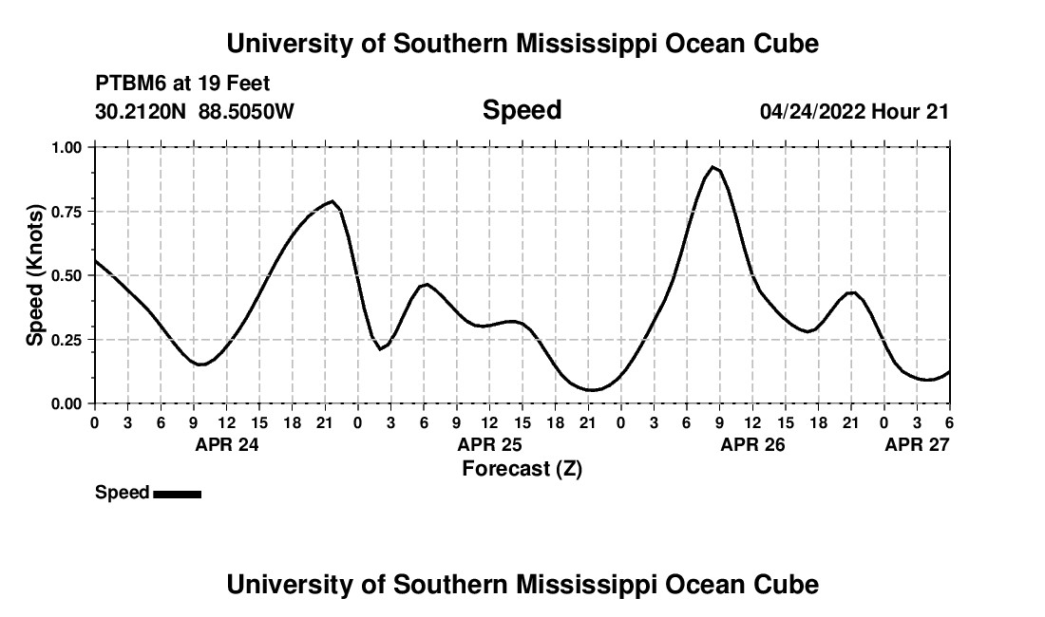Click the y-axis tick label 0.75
[68, 212]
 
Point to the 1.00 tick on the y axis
[68, 147]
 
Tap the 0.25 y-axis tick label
[68, 340]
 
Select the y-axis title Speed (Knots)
[35, 275]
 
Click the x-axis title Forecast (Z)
[522, 468]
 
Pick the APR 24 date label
[227, 444]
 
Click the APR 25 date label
[489, 444]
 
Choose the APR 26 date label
[752, 444]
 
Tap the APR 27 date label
[917, 444]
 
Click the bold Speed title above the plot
[522, 111]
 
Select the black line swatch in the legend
[177, 494]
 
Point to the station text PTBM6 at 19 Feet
[182, 84]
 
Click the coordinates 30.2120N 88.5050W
[195, 112]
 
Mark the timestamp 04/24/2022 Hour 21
[854, 112]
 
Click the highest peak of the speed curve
[712, 167]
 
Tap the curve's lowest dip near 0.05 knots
[591, 390]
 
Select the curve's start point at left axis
[95, 260]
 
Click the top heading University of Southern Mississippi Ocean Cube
[522, 44]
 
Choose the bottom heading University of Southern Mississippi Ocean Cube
[522, 585]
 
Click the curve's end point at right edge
[949, 372]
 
